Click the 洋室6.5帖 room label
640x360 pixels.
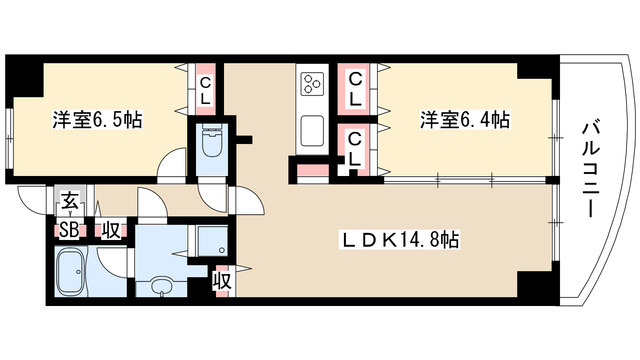click(97, 120)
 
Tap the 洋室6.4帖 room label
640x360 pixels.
click(465, 120)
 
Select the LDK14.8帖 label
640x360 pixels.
click(400, 240)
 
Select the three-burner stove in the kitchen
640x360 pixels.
click(312, 83)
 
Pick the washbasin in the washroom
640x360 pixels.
click(162, 286)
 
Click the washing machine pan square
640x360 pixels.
click(211, 240)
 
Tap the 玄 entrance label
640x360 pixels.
click(69, 202)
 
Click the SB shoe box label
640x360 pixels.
click(69, 231)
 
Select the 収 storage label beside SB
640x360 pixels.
click(111, 231)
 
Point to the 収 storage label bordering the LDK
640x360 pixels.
click(223, 281)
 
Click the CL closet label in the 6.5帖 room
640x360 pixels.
click(204, 91)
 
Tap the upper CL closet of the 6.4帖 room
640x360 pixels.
click(356, 88)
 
